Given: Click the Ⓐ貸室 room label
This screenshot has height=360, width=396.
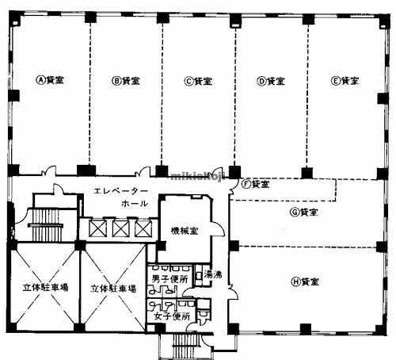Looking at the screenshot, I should (50, 80).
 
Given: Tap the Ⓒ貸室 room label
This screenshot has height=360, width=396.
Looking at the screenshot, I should (198, 80).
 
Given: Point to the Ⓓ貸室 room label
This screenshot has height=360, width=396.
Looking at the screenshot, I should (272, 80).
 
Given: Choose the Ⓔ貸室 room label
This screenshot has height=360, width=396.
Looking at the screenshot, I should (345, 80).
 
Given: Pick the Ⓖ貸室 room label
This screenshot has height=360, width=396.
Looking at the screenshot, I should (304, 213).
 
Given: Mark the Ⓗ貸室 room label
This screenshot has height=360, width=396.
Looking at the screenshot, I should (306, 281).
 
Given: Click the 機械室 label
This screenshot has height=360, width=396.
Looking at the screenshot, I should (185, 231).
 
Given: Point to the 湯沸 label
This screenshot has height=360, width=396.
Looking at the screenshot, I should (212, 275).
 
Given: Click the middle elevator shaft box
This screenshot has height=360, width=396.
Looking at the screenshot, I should (121, 228).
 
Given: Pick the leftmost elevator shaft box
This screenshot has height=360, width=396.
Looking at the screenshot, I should (99, 228).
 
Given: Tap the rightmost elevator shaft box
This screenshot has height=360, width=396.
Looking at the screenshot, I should (143, 228).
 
